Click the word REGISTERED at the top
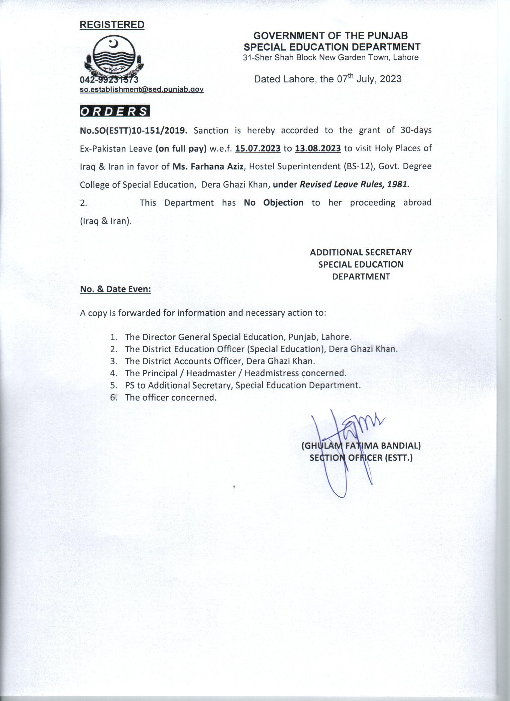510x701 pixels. tap(112, 25)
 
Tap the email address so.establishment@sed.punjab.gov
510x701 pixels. tap(141, 90)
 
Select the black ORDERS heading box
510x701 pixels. tap(115, 111)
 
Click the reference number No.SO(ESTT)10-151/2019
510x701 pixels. tap(134, 131)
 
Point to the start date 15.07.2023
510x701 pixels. tap(258, 149)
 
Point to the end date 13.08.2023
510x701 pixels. tap(318, 149)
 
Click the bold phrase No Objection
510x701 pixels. tap(274, 203)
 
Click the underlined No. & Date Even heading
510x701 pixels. tap(115, 289)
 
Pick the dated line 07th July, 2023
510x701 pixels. tap(327, 79)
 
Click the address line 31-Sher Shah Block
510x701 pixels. tap(331, 58)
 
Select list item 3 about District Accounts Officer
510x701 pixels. tap(220, 361)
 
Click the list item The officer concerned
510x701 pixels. tap(170, 398)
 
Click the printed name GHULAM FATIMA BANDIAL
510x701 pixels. tap(361, 446)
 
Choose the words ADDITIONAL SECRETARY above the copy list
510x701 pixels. tap(361, 253)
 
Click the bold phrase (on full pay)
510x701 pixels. tap(181, 149)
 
